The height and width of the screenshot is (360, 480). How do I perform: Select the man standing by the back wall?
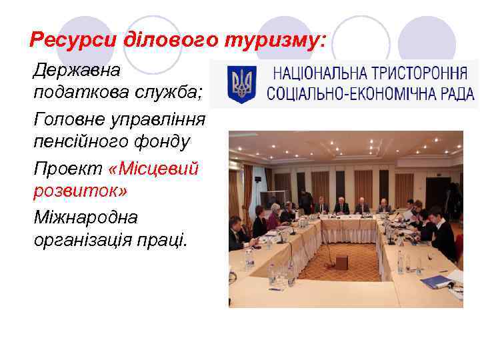[x=306, y=200]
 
